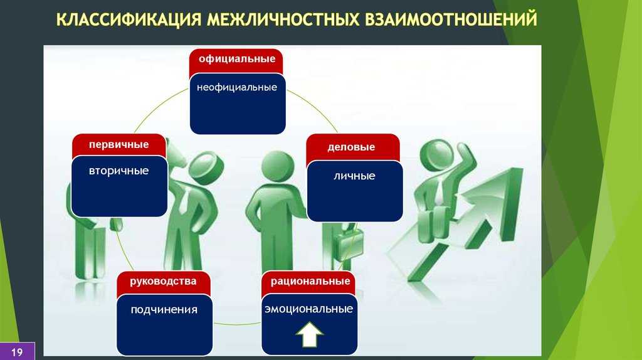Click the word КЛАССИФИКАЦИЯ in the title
[129, 19]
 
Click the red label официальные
[237, 58]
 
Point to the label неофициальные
[237, 87]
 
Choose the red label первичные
[118, 145]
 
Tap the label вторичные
[118, 171]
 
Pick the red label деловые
[351, 147]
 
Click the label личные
[355, 176]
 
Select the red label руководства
[164, 282]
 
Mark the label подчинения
[164, 310]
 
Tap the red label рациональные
[310, 281]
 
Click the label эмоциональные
[308, 309]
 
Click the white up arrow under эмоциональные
[310, 334]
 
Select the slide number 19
[17, 352]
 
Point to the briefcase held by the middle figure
[349, 244]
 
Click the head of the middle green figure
[277, 167]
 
